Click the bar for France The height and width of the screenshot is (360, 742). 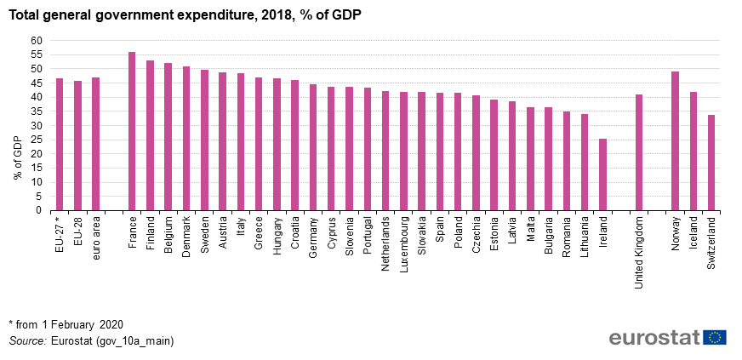(132, 131)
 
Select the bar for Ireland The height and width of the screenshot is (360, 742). (602, 174)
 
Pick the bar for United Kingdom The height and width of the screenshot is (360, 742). (639, 152)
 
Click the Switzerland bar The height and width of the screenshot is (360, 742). (711, 163)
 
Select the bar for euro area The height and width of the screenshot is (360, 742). (95, 144)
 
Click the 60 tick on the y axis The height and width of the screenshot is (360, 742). (36, 40)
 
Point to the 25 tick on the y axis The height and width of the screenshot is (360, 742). (36, 140)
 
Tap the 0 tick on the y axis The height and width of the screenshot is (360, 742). (38, 210)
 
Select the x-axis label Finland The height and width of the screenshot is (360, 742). (151, 232)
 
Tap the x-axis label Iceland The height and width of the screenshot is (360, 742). (693, 232)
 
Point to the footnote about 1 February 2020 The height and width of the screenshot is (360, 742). (66, 324)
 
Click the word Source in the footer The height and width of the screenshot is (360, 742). (27, 340)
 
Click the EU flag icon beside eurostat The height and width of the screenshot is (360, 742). (715, 338)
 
